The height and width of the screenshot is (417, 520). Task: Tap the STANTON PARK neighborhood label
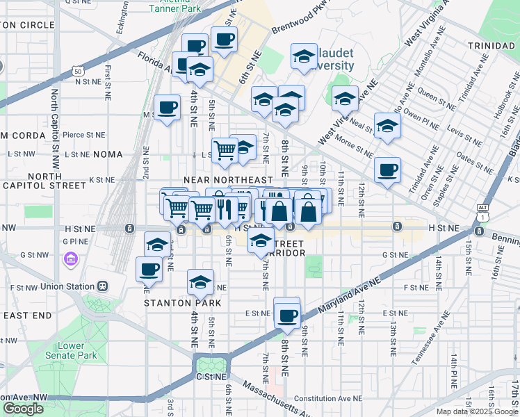(x=182, y=303)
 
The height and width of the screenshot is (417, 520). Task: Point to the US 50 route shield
(x=77, y=71)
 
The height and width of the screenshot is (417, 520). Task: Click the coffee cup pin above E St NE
(x=286, y=314)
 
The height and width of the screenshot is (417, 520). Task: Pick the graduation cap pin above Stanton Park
(x=200, y=282)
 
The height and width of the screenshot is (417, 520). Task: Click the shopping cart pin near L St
(x=225, y=149)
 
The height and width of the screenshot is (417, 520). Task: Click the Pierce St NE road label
(x=83, y=135)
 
